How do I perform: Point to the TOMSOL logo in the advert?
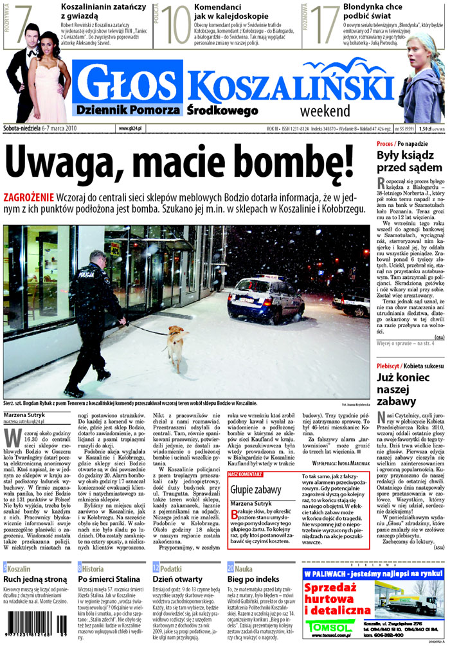[x=328, y=626]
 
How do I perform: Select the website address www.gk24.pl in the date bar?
[x=130, y=129]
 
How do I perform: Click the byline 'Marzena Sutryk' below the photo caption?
[x=24, y=415]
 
